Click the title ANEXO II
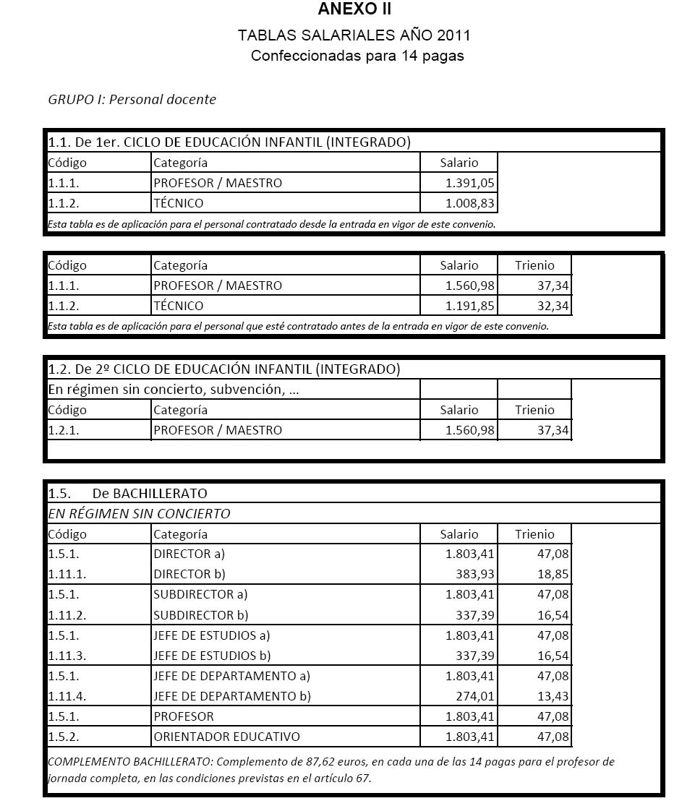(354, 9)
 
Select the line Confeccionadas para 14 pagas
(357, 56)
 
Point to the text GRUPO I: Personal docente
(132, 100)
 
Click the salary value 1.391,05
(469, 183)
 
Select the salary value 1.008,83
(469, 203)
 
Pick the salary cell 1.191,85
(469, 306)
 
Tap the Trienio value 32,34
(553, 306)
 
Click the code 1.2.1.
(64, 430)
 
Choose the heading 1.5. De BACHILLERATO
(128, 494)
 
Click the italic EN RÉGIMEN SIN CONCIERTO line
(139, 514)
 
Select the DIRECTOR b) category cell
(189, 575)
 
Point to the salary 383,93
(474, 575)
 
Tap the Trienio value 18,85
(553, 575)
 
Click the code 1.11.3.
(67, 656)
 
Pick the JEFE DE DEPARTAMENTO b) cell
(232, 696)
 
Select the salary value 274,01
(474, 696)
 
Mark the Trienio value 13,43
(553, 696)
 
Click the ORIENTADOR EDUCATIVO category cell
(226, 737)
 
